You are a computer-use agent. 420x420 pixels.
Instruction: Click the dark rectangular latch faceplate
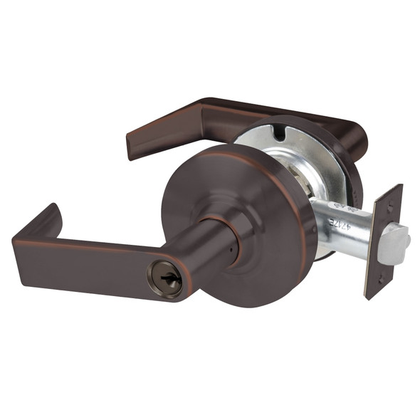(x=384, y=242)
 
